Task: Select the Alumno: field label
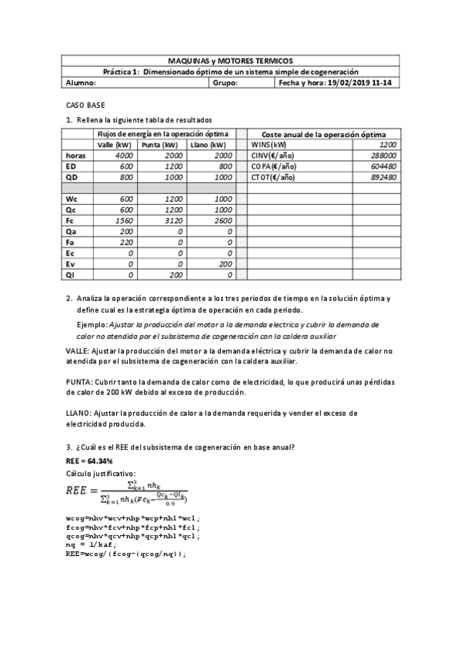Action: (81, 82)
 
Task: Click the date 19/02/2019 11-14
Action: (359, 82)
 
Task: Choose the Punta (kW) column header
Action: (160, 144)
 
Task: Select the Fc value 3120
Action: (172, 219)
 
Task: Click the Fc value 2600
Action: (221, 219)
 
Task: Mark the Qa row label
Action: (72, 230)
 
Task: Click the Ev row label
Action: (71, 263)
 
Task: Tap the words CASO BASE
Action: (85, 104)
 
